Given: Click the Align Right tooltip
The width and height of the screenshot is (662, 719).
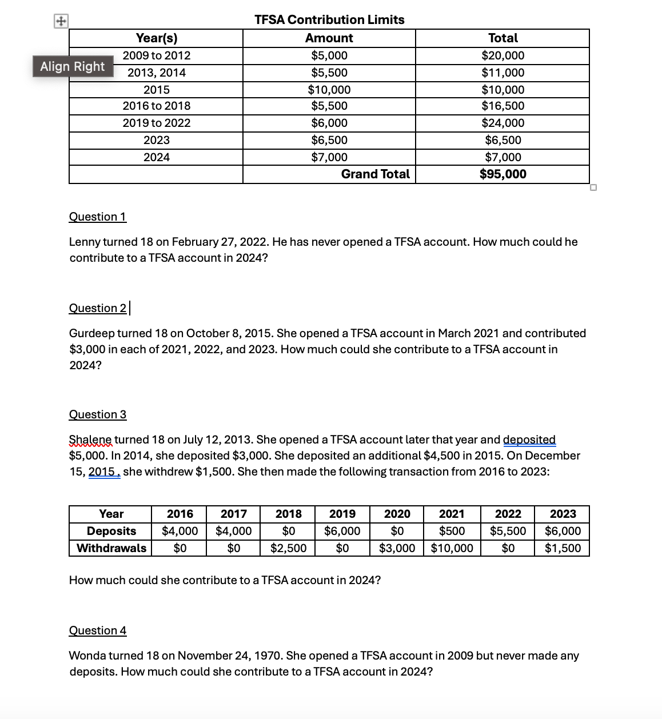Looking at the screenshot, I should [73, 66].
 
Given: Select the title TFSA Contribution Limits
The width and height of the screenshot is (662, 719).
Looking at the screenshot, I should [329, 20].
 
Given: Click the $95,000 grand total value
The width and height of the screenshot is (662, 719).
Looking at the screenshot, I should [503, 174].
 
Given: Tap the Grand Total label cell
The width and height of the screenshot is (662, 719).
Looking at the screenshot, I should [375, 174].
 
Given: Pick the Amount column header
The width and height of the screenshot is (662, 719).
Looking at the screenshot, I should [329, 38].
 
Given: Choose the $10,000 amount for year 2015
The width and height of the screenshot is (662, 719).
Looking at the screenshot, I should [329, 90].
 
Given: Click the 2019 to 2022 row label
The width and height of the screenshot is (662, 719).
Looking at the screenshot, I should [157, 123].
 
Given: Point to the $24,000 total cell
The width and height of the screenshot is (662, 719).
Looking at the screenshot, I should [503, 123].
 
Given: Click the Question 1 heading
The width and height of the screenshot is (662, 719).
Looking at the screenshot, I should [97, 217].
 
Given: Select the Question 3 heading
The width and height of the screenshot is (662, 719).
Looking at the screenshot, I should [97, 414].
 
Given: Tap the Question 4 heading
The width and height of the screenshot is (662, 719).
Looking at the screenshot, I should [97, 630].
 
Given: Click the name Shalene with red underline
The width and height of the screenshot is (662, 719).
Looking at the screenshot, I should [90, 440].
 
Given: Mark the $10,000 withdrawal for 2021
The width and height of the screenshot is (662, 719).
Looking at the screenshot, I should [452, 548].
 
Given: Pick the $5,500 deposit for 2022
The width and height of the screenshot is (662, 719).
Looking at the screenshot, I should [508, 531].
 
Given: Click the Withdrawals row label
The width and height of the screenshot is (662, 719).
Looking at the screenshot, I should [111, 548].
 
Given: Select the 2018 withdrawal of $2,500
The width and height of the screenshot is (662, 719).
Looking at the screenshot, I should [288, 548].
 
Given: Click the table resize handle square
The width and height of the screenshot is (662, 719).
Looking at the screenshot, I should [593, 187].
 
